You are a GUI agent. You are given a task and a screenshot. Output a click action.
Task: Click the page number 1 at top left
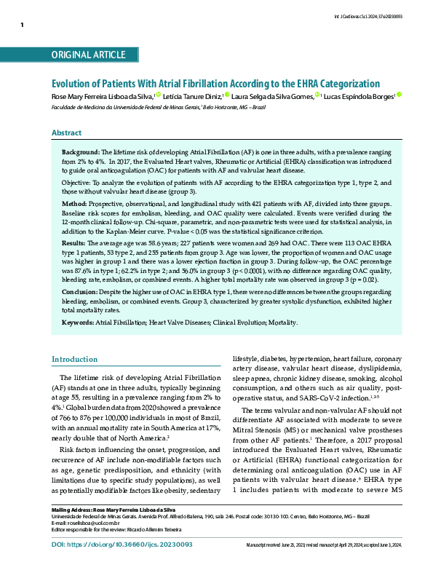22,25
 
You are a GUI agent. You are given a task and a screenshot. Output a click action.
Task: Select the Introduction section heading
74,360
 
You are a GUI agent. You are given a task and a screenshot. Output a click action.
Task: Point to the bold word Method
75,205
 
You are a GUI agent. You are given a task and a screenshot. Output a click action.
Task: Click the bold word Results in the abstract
76,242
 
